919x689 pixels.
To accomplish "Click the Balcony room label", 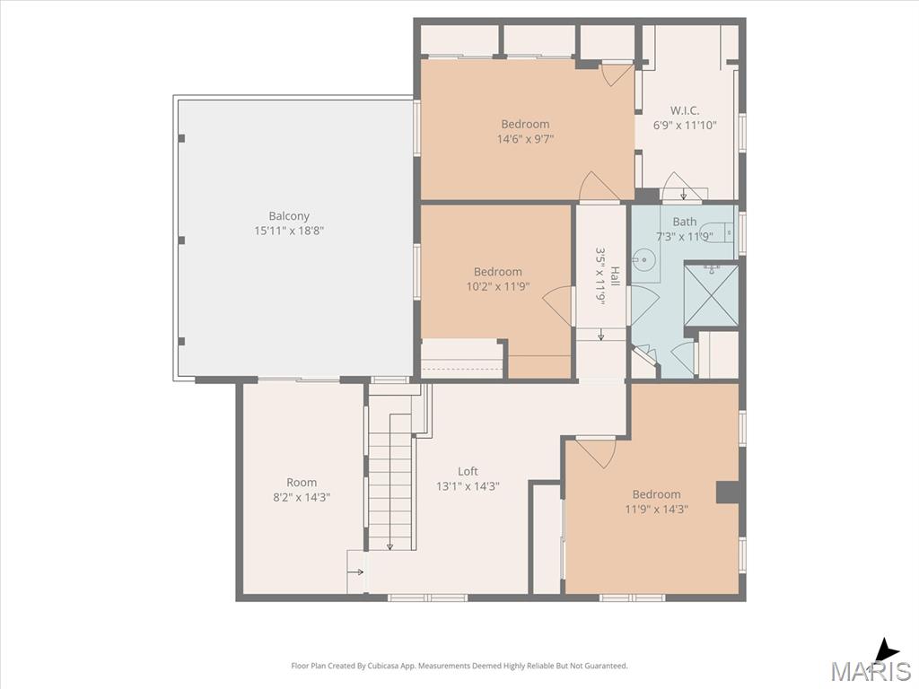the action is click(289, 215).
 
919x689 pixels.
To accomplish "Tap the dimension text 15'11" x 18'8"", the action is click(289, 231).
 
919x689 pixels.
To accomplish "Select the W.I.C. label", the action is click(685, 110).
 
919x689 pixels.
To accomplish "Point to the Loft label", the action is click(468, 471).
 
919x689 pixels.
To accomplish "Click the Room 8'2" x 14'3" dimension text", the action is click(302, 497).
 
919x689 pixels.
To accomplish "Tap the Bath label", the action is click(685, 222).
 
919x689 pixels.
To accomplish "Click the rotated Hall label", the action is click(615, 275).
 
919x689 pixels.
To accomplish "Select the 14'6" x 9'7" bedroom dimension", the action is click(525, 139).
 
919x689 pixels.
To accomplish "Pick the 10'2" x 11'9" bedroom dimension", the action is click(497, 286).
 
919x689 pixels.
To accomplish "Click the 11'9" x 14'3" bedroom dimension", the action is click(656, 510).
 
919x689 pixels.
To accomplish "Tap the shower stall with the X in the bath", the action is click(711, 293).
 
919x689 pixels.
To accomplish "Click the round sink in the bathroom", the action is click(643, 257).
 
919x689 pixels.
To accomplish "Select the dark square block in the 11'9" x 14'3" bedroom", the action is click(727, 493).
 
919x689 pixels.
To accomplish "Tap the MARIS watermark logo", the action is click(871, 670).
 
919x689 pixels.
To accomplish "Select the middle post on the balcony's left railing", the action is click(181, 240).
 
